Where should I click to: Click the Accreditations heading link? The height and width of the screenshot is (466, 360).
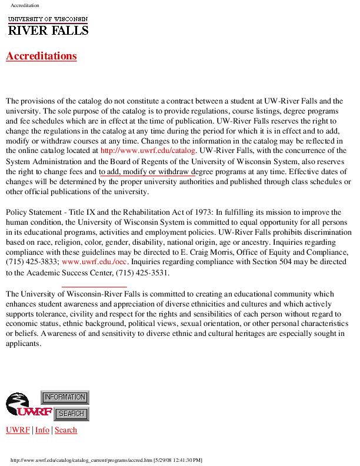pyautogui.click(x=41, y=56)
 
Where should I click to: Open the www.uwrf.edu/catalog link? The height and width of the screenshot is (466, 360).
pyautogui.click(x=148, y=151)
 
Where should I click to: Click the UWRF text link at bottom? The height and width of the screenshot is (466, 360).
pyautogui.click(x=18, y=430)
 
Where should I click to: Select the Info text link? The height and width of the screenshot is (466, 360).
pyautogui.click(x=42, y=430)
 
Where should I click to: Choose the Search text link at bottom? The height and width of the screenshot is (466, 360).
pyautogui.click(x=66, y=430)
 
